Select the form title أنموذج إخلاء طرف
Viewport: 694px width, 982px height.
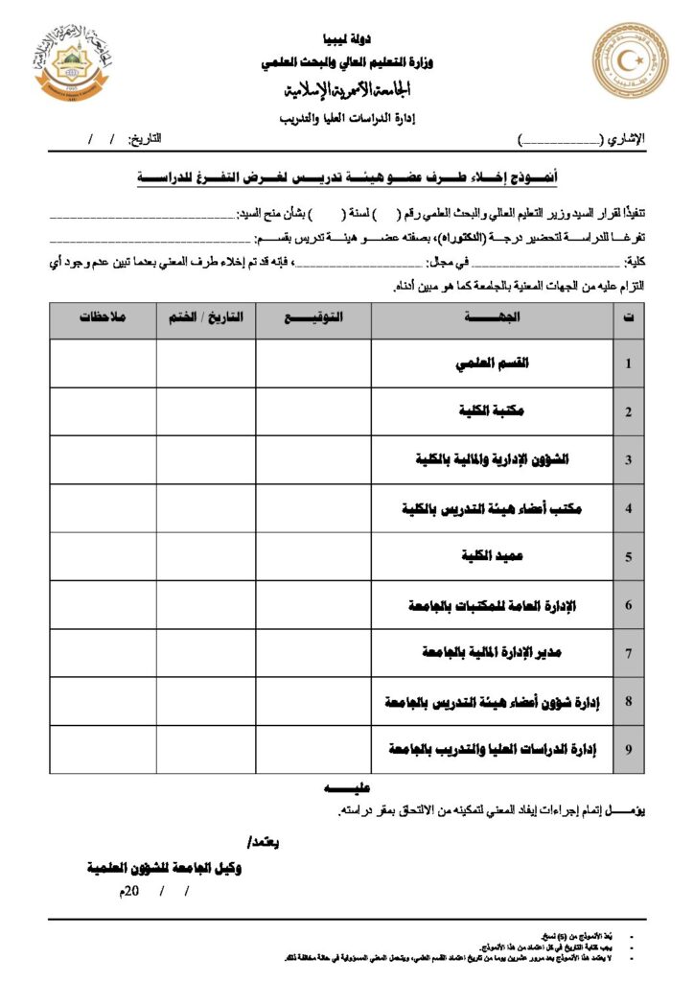(347, 177)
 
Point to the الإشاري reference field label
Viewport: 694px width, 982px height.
(627, 140)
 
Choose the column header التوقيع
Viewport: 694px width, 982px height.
(314, 316)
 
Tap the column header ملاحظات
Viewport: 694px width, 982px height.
(103, 316)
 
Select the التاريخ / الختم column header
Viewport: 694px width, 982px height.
(206, 316)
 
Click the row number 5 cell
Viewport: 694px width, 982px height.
(628, 557)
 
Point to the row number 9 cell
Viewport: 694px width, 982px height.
(628, 750)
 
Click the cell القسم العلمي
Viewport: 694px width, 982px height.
(492, 363)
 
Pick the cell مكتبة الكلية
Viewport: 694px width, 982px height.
(493, 411)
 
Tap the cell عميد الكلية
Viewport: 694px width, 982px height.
(493, 556)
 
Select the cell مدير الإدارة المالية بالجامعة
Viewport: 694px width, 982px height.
(493, 653)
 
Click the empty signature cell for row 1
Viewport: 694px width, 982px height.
(313, 363)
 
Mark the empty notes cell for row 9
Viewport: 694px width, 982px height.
(103, 750)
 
